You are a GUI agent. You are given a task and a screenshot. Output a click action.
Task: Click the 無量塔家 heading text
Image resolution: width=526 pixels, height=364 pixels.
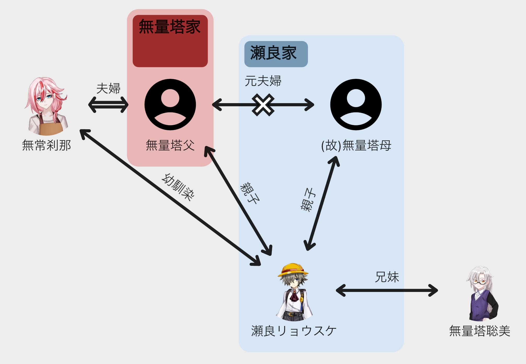[170, 27]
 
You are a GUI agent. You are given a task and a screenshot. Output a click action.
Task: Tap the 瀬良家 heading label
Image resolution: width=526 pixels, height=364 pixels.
[273, 53]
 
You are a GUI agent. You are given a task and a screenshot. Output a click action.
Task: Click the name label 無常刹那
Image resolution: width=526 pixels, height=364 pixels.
[46, 145]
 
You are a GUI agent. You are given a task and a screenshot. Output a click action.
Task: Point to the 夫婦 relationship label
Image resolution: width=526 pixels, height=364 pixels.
[108, 89]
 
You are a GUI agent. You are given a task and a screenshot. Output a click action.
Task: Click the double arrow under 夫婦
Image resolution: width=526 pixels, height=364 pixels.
[108, 105]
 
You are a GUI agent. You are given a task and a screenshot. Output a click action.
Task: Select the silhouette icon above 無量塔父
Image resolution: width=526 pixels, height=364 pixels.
[170, 104]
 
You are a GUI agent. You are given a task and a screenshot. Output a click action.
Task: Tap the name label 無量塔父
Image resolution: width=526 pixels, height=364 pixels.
[170, 145]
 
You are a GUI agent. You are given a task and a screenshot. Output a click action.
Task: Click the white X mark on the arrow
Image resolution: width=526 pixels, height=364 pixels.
[263, 105]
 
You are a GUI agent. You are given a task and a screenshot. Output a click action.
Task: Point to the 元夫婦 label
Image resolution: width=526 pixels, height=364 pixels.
[263, 81]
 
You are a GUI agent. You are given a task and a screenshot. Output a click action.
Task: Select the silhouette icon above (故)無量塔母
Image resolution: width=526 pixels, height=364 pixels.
[356, 104]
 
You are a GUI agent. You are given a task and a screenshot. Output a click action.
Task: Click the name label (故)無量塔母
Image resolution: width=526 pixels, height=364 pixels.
[356, 145]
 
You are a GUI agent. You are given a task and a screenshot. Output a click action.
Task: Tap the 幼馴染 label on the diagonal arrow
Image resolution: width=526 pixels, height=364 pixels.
[178, 187]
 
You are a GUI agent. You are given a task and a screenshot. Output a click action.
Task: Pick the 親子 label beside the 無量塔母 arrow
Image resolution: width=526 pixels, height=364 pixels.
[308, 200]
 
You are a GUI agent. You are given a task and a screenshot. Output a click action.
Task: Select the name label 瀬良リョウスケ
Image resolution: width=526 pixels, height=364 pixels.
[294, 331]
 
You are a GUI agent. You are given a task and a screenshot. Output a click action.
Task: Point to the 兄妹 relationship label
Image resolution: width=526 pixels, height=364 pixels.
[387, 277]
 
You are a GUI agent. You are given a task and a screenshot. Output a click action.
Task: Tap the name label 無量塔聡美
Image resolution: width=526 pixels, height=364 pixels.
[480, 331]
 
